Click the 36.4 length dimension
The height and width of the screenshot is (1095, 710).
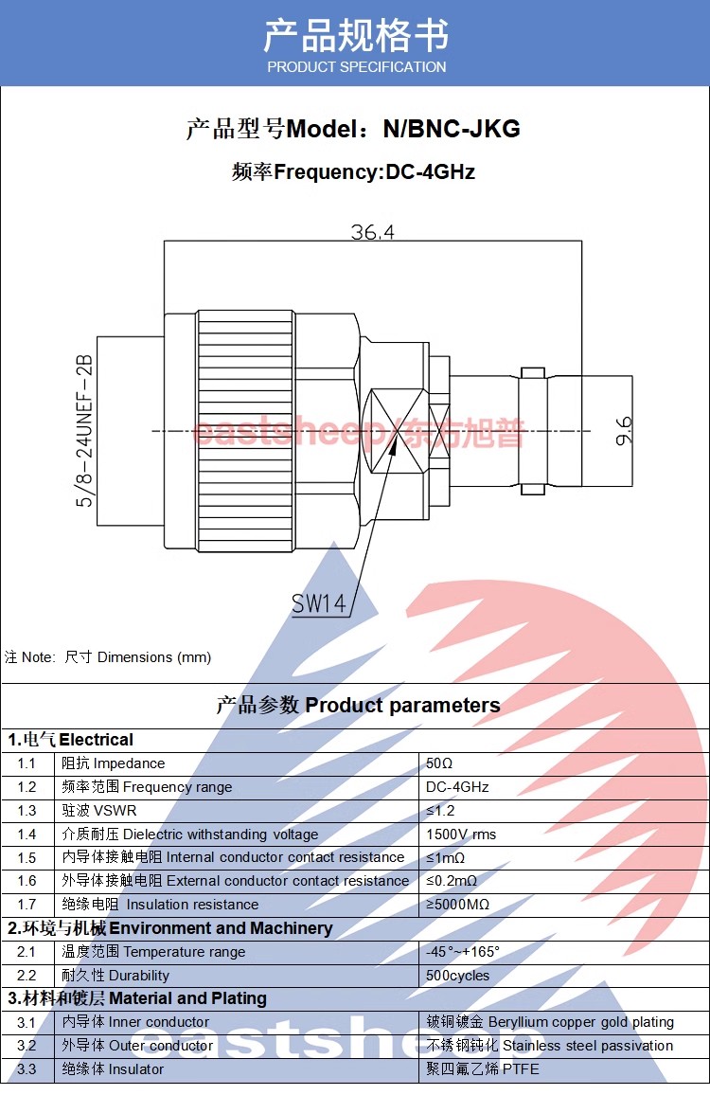tap(372, 231)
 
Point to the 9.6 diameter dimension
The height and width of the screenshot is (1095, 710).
tap(623, 432)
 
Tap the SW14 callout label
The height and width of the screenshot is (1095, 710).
tap(318, 603)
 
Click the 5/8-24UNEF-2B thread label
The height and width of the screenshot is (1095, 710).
tap(85, 431)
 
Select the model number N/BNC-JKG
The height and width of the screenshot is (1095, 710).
tap(451, 129)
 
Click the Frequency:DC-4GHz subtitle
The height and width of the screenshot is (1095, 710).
tap(353, 171)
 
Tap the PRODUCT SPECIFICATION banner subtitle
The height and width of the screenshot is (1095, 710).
tap(356, 67)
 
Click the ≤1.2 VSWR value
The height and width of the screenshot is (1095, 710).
tap(440, 811)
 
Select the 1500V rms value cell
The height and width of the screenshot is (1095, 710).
tap(461, 835)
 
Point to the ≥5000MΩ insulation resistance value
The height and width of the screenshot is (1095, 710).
tap(457, 905)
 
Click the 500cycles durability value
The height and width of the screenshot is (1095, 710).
tap(458, 976)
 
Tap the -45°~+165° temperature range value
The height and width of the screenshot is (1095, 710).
tap(463, 952)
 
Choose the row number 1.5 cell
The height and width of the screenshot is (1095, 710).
tap(27, 857)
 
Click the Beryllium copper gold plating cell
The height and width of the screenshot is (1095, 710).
tap(550, 1022)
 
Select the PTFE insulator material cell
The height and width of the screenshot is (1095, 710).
tap(483, 1069)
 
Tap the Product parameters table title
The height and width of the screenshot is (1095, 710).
tap(358, 705)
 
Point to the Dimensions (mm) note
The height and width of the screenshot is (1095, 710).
tap(108, 657)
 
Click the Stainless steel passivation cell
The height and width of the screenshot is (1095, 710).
tap(550, 1046)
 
